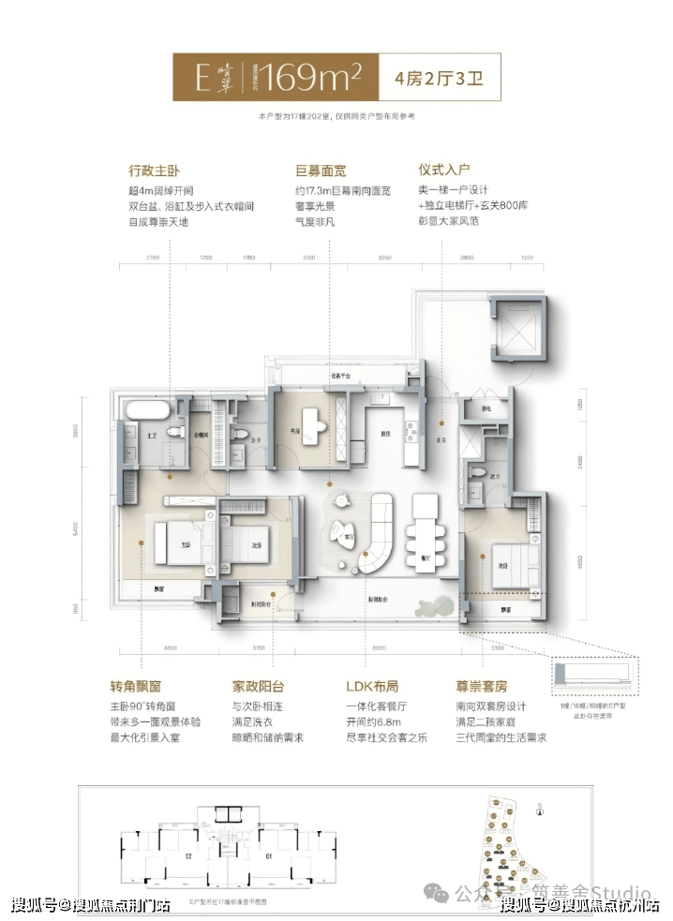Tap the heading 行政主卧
click(154, 171)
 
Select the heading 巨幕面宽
click(320, 171)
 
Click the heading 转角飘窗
click(155, 688)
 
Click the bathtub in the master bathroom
click(146, 412)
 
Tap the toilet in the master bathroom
click(173, 432)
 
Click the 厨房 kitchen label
click(384, 434)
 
